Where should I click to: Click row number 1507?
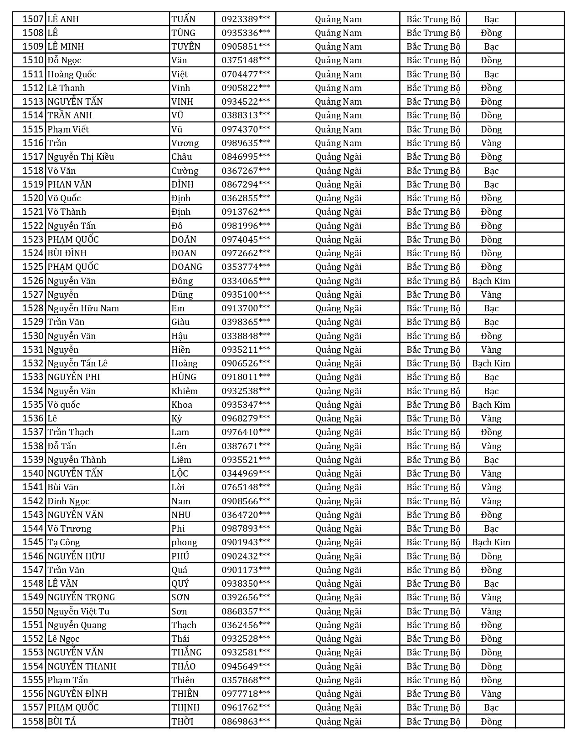coord(33,19)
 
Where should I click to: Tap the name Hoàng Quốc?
coord(72,74)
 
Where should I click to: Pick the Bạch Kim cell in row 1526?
coord(491,281)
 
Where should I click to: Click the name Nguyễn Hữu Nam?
coord(83,308)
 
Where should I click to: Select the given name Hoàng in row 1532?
coord(185,363)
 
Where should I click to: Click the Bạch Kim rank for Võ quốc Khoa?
coord(491,405)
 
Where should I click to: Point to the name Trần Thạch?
coord(71,432)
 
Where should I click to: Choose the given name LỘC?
coord(180,473)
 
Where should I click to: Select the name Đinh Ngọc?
coord(68,501)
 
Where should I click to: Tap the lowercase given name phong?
coord(184,542)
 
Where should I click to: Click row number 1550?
coord(33,611)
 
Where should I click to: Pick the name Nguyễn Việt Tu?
coord(79,611)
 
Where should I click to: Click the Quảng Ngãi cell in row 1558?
coord(338,721)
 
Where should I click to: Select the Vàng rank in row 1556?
coord(491,694)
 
